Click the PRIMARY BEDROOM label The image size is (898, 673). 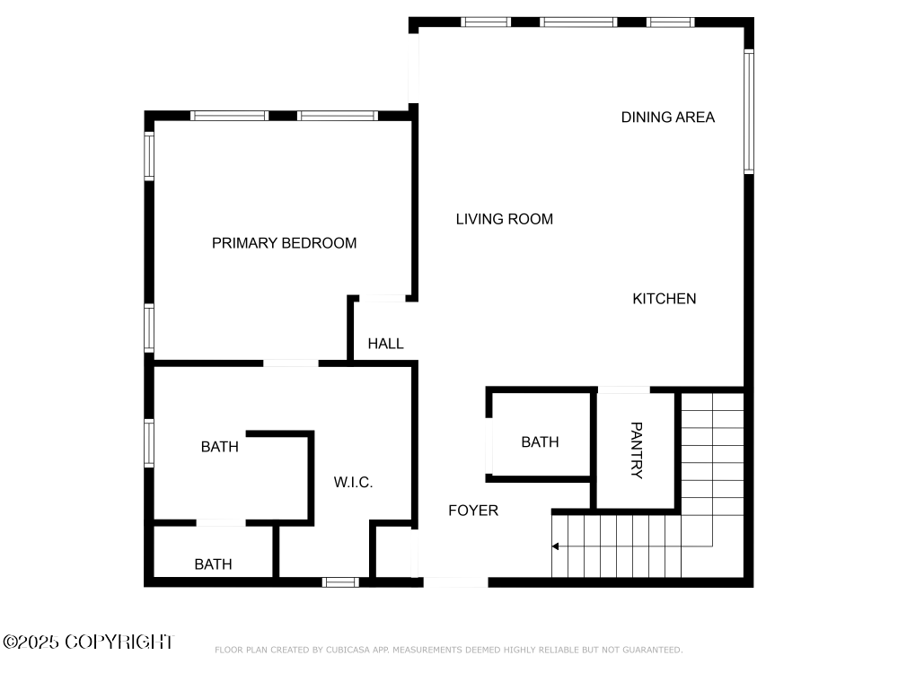(x=284, y=243)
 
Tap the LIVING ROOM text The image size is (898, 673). (x=505, y=219)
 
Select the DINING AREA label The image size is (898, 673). (x=668, y=118)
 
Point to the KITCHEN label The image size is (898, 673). (x=665, y=299)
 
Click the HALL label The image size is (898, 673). (x=385, y=344)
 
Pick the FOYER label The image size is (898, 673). (x=473, y=511)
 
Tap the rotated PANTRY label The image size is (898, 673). (x=637, y=450)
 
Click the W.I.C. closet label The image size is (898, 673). (x=353, y=483)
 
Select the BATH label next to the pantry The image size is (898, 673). (x=540, y=441)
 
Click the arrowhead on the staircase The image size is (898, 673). (x=555, y=546)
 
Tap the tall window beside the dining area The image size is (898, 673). (x=749, y=111)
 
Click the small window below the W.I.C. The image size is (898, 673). (x=340, y=582)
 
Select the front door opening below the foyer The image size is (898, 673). (x=456, y=582)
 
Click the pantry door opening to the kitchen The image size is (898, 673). (x=624, y=390)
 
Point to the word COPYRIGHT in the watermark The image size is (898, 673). (x=119, y=642)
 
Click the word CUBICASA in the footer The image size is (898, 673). (x=348, y=650)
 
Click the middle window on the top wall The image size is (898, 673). (x=578, y=22)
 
